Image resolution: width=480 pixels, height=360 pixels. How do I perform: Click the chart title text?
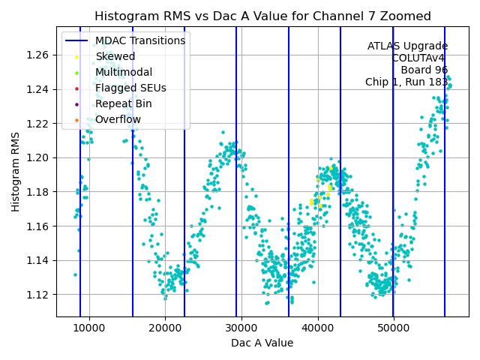pyautogui.click(x=262, y=16)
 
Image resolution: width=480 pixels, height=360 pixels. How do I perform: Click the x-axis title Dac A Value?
pyautogui.click(x=262, y=343)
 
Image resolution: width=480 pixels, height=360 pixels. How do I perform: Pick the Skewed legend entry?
pyautogui.click(x=115, y=56)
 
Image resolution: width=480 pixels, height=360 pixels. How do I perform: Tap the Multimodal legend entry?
pyautogui.click(x=124, y=72)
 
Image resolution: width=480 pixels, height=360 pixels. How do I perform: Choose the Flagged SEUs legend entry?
pyautogui.click(x=130, y=88)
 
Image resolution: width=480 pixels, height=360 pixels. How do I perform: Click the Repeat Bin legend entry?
pyautogui.click(x=123, y=103)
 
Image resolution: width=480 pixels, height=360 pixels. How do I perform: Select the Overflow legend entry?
pyautogui.click(x=118, y=119)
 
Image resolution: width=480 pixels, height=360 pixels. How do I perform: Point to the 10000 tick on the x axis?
pyautogui.click(x=89, y=328)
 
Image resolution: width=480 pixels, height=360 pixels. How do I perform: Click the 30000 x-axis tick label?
pyautogui.click(x=241, y=328)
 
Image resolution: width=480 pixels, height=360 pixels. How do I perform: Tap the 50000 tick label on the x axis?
pyautogui.click(x=394, y=328)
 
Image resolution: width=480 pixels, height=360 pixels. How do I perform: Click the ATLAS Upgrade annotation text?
pyautogui.click(x=407, y=46)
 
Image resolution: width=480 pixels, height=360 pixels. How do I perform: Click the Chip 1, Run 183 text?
pyautogui.click(x=406, y=82)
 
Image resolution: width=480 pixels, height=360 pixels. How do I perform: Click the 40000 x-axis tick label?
pyautogui.click(x=317, y=328)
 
